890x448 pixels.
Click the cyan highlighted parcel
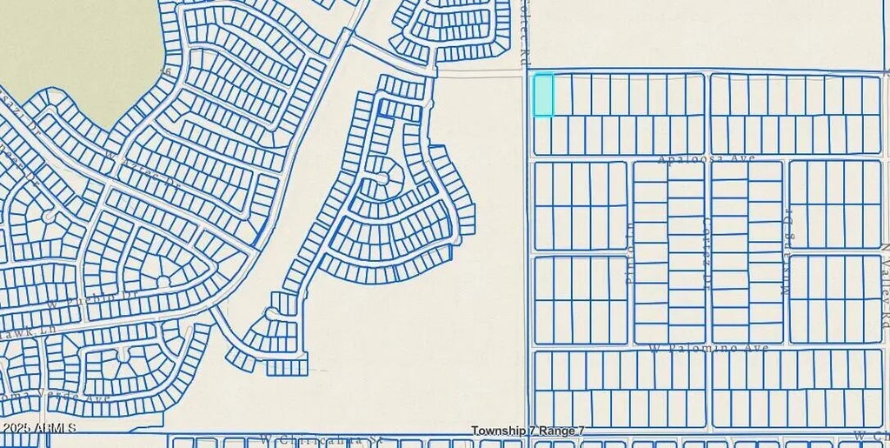click(542, 94)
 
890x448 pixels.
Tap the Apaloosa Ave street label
click(706, 158)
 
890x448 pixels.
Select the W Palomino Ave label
click(708, 348)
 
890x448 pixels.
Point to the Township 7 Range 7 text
click(528, 431)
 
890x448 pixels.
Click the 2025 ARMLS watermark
click(38, 428)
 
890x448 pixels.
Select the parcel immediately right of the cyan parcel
click(562, 94)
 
